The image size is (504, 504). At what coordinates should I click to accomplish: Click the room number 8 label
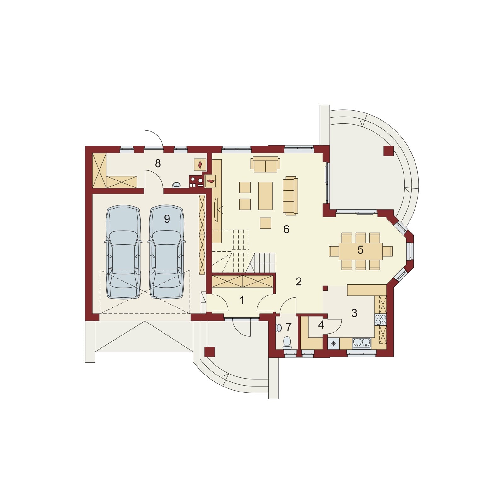click(158, 163)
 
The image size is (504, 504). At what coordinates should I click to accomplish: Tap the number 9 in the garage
click(167, 219)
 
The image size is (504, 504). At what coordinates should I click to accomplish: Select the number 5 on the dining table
click(360, 250)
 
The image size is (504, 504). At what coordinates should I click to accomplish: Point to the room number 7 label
click(289, 327)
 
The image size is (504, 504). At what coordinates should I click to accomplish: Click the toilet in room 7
click(287, 343)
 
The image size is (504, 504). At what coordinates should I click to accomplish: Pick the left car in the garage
click(123, 252)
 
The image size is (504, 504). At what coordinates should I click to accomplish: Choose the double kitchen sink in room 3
click(362, 343)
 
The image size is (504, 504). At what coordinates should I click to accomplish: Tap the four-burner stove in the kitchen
click(381, 320)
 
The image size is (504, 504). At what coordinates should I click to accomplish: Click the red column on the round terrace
click(388, 151)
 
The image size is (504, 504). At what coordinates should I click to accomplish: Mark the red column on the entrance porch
click(209, 352)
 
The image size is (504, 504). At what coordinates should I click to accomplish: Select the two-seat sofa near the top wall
click(265, 164)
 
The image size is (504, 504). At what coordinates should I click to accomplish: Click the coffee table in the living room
click(265, 196)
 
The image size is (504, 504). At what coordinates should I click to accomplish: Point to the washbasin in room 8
click(177, 185)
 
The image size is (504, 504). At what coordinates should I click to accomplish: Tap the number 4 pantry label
click(321, 325)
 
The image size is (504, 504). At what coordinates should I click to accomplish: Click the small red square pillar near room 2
click(325, 288)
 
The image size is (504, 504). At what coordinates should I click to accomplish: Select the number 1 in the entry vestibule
click(242, 300)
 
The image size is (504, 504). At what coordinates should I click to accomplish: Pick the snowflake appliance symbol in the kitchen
click(333, 343)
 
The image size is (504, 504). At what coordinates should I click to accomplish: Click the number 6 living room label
click(286, 229)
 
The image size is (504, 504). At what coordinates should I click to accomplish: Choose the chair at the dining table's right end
click(388, 251)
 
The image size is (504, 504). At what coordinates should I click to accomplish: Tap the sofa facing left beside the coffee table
click(290, 196)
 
